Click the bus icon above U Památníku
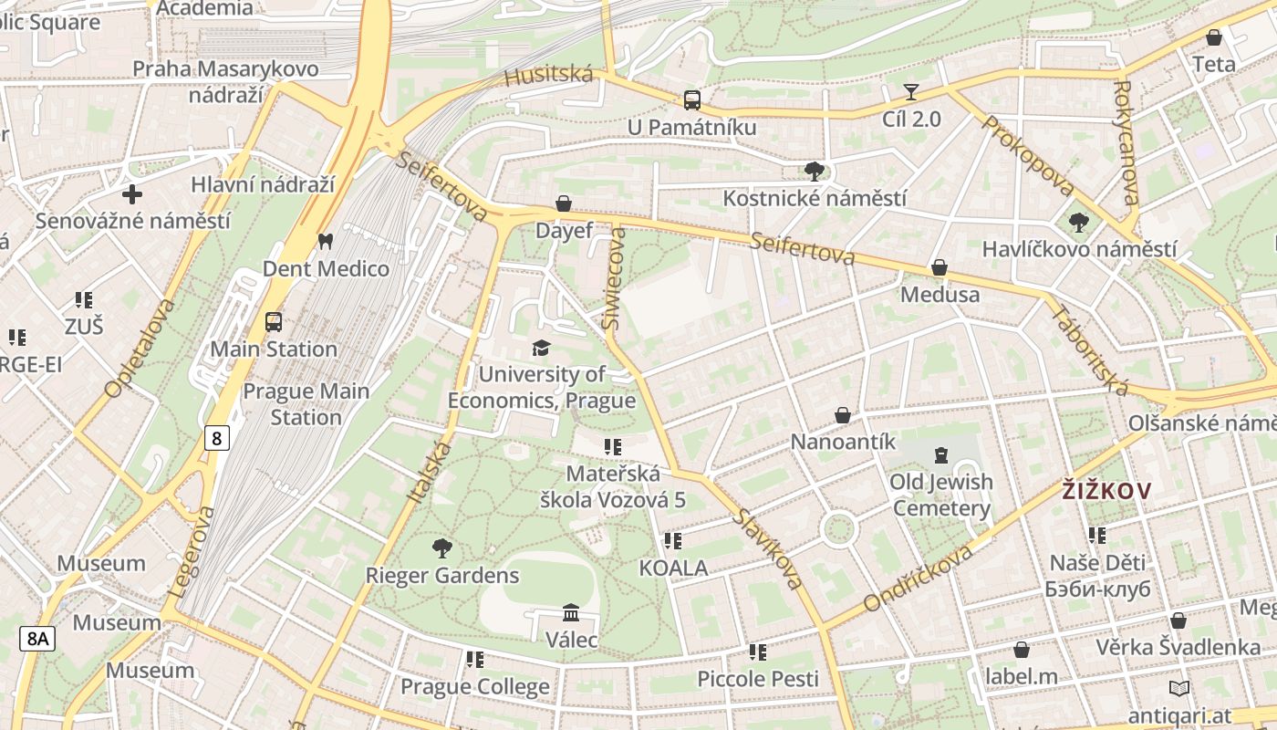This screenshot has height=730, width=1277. (x=692, y=99)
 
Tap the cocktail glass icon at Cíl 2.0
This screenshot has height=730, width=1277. (x=911, y=91)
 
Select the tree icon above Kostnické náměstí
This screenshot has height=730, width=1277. (x=815, y=171)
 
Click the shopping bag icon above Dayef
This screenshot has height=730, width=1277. (x=564, y=203)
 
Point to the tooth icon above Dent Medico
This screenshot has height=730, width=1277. (x=325, y=241)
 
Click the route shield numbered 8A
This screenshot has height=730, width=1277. (x=37, y=638)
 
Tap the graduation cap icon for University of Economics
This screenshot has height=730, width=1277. (x=541, y=348)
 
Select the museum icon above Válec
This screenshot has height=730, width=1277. (x=571, y=612)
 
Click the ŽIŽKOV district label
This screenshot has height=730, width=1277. (x=1106, y=491)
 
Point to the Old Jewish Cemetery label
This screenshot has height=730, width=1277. (x=941, y=495)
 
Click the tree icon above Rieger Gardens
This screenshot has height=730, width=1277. (x=442, y=548)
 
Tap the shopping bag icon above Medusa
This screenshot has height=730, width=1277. (x=939, y=267)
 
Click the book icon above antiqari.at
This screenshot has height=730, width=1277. (x=1178, y=688)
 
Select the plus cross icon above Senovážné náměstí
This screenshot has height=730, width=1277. (x=132, y=193)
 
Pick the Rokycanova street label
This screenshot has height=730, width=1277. (x=1126, y=143)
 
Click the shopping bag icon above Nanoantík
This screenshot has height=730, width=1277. (x=843, y=415)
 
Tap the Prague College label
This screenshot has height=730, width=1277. (x=474, y=686)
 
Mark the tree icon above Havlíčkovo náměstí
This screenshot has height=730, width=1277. (x=1078, y=222)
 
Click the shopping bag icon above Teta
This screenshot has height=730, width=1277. (x=1214, y=37)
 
